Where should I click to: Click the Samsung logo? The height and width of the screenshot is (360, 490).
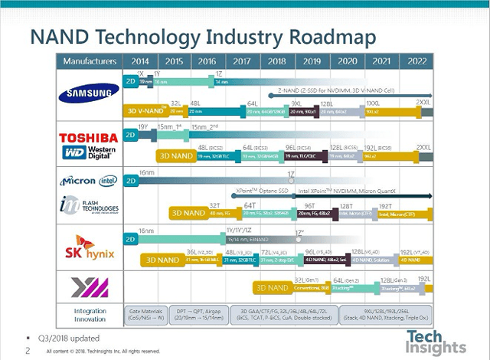click(x=90, y=95)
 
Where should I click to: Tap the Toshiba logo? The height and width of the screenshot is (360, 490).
click(x=90, y=137)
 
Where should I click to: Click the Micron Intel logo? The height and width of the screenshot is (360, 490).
click(x=90, y=181)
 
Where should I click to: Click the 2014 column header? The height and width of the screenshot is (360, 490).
click(x=141, y=61)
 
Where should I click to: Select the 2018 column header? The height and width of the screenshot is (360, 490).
click(x=277, y=61)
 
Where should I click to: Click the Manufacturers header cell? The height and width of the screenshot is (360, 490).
click(x=90, y=61)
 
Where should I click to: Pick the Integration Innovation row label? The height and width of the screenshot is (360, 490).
click(x=90, y=315)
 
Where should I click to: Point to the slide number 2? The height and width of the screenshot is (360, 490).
click(x=28, y=351)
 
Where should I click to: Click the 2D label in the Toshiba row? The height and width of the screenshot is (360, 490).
click(x=130, y=134)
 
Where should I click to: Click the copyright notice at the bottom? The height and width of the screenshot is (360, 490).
click(x=103, y=351)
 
